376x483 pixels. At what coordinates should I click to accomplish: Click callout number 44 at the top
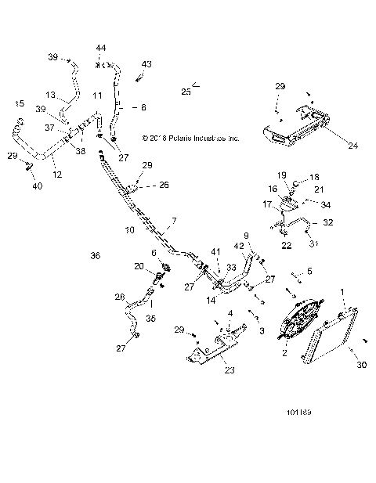point(101,49)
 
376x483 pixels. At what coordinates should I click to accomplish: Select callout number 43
point(146,63)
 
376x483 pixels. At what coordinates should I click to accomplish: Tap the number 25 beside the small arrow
point(186,92)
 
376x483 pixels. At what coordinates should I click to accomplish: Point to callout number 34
point(326,206)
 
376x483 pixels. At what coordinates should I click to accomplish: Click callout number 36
point(96,256)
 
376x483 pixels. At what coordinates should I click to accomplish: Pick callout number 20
point(140,266)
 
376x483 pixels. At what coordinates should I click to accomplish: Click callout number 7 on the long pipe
point(175,222)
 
